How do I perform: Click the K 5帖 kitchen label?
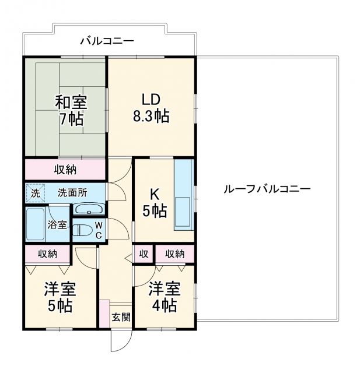pyautogui.click(x=155, y=203)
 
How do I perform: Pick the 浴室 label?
pyautogui.click(x=57, y=224)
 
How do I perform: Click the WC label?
pyautogui.click(x=99, y=230)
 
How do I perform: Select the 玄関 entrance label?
pyautogui.click(x=121, y=318)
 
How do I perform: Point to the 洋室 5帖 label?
pyautogui.click(x=61, y=297)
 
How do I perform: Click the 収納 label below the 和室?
pyautogui.click(x=65, y=170)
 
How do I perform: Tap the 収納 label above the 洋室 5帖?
pyautogui.click(x=48, y=254)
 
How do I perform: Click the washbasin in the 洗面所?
pyautogui.click(x=90, y=209)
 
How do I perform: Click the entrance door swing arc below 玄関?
pyautogui.click(x=118, y=343)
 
